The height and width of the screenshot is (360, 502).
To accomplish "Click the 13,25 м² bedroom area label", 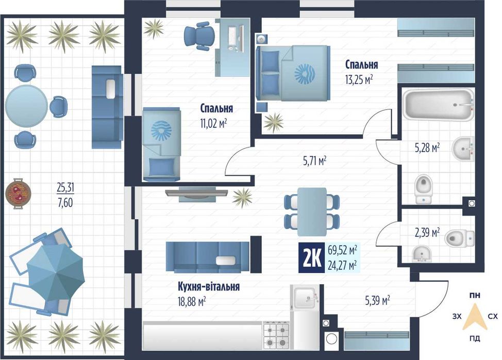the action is [359, 79].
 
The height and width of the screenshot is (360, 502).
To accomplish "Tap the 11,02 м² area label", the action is [214, 123].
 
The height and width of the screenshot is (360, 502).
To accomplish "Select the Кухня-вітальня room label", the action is [209, 286].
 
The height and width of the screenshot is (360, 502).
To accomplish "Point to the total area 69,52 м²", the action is [342, 250].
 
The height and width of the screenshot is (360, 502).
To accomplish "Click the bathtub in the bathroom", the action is [438, 105].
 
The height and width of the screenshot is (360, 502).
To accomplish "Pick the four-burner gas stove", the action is [276, 335].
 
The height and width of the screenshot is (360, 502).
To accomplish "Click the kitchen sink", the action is [305, 298].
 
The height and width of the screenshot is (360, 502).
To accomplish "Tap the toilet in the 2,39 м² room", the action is [460, 238].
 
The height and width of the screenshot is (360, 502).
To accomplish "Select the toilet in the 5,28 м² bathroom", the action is [424, 189].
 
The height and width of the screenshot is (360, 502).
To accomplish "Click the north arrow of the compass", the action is [475, 317].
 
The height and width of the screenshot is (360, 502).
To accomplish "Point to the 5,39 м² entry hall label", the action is [377, 301].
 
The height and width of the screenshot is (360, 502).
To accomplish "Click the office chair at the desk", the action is [199, 36].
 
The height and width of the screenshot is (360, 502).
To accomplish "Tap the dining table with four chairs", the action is [312, 212].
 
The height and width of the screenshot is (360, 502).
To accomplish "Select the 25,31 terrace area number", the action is [65, 188].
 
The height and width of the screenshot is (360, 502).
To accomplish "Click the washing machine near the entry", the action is [331, 339].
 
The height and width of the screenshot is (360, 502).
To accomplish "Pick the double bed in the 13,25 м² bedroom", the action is [293, 73].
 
